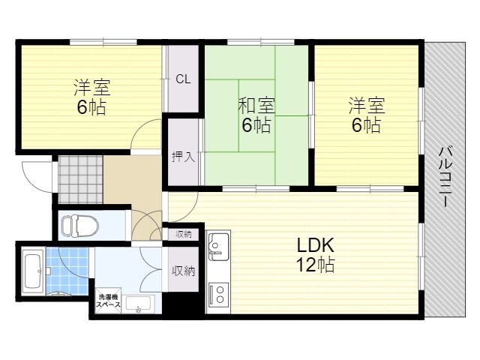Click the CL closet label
click(183, 79)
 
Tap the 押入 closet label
click(183, 157)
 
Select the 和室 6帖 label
click(256, 115)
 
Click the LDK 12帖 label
click(315, 255)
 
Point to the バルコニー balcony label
click(445, 177)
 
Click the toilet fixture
click(80, 226)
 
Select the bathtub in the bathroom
click(33, 272)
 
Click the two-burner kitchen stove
click(218, 295)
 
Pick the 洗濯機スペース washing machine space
click(108, 301)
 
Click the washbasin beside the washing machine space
click(138, 304)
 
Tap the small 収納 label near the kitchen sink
click(183, 235)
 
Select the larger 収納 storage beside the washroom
click(183, 269)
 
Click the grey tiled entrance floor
click(80, 179)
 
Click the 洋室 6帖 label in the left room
click(91, 97)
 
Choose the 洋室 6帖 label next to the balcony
click(367, 115)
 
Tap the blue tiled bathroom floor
click(67, 271)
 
